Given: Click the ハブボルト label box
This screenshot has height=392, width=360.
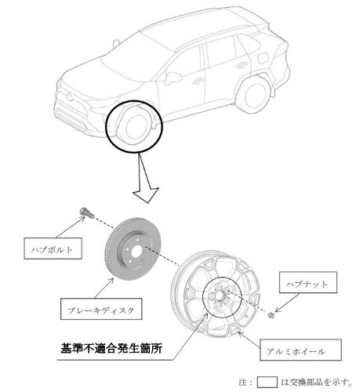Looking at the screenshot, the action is [x=53, y=249].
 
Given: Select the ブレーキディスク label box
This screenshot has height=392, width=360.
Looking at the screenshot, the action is [x=101, y=309].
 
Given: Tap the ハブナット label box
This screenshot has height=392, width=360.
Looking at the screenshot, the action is [x=308, y=282].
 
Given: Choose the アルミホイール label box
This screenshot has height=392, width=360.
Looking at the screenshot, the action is [x=300, y=350].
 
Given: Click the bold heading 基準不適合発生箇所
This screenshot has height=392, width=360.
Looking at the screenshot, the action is [x=111, y=348].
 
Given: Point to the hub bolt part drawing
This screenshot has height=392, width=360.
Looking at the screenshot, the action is [x=86, y=212].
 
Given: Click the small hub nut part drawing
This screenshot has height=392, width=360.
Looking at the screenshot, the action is [x=271, y=315].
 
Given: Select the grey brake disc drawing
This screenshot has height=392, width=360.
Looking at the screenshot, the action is [x=133, y=249].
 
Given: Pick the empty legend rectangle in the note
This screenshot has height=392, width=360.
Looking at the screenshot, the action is [x=267, y=383].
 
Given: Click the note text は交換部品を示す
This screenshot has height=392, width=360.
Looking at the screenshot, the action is [x=317, y=383].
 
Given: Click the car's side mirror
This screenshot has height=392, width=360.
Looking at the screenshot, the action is [x=173, y=78].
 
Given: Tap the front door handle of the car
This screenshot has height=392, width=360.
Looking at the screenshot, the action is [x=198, y=82].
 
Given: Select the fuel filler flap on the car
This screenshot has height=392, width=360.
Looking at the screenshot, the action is [x=263, y=57].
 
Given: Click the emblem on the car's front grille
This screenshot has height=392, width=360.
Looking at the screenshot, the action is [x=70, y=96].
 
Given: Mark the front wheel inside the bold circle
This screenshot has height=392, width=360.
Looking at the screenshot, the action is [x=135, y=126].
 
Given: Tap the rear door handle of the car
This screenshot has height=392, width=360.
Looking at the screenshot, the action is [x=242, y=65].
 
